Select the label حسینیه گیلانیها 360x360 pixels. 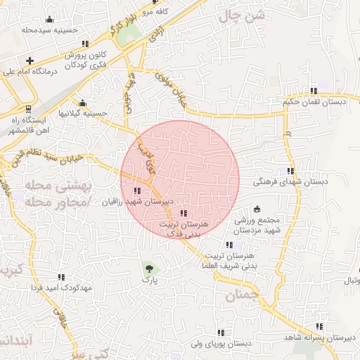point(82,112)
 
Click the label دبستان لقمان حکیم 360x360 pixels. point(314,102)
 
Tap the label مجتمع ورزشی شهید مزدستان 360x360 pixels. point(257,225)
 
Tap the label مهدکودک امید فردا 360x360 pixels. point(62,288)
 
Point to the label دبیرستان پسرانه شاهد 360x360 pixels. point(320,337)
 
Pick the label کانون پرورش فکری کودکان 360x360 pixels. point(86,60)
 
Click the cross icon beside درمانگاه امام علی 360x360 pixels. point(29,61)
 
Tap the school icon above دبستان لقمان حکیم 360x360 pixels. point(314,91)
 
